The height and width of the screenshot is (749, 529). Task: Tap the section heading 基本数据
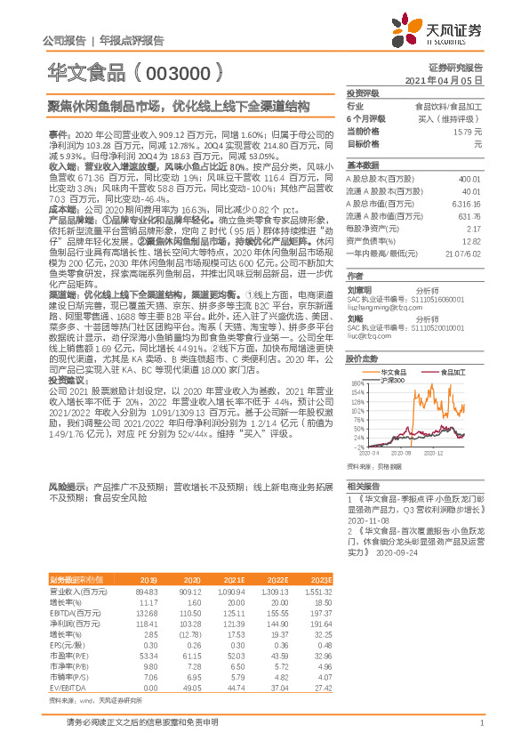point(362,165)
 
